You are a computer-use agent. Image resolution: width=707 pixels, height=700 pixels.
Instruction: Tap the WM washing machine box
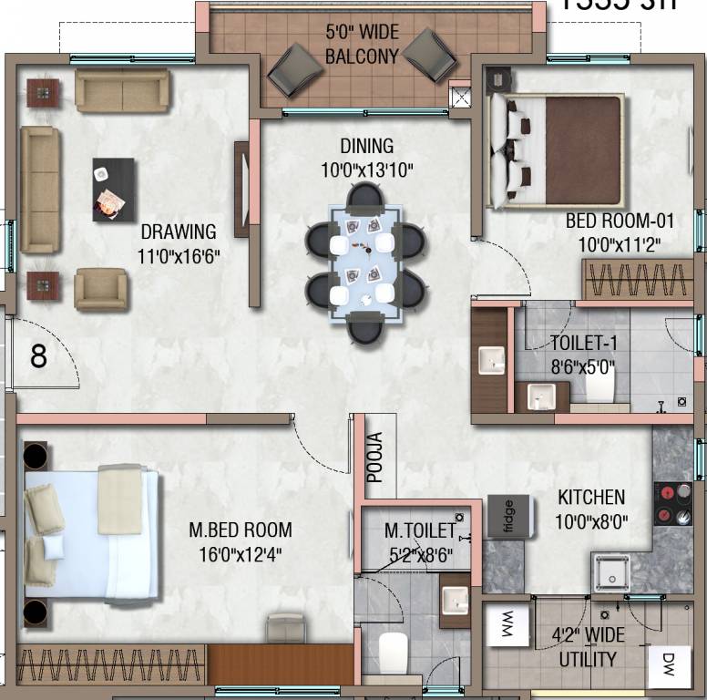point(506,626)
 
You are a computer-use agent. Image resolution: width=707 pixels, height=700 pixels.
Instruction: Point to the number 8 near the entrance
point(38,355)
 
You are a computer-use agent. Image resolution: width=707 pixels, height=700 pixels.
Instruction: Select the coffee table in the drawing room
point(114,189)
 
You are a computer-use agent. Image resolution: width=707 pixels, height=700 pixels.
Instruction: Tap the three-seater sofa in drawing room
point(40,189)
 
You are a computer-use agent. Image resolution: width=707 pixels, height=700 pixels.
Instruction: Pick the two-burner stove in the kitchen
point(673,504)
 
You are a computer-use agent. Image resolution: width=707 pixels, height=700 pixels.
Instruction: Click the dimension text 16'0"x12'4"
point(241,553)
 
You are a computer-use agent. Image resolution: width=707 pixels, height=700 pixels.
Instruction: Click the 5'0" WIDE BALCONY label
point(362,44)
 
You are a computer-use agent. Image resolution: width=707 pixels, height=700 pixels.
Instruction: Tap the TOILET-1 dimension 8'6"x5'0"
point(582,367)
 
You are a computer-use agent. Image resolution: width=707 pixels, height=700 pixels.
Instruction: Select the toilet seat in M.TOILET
point(393,652)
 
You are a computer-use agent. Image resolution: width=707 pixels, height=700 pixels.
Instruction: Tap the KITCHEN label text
point(591,498)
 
